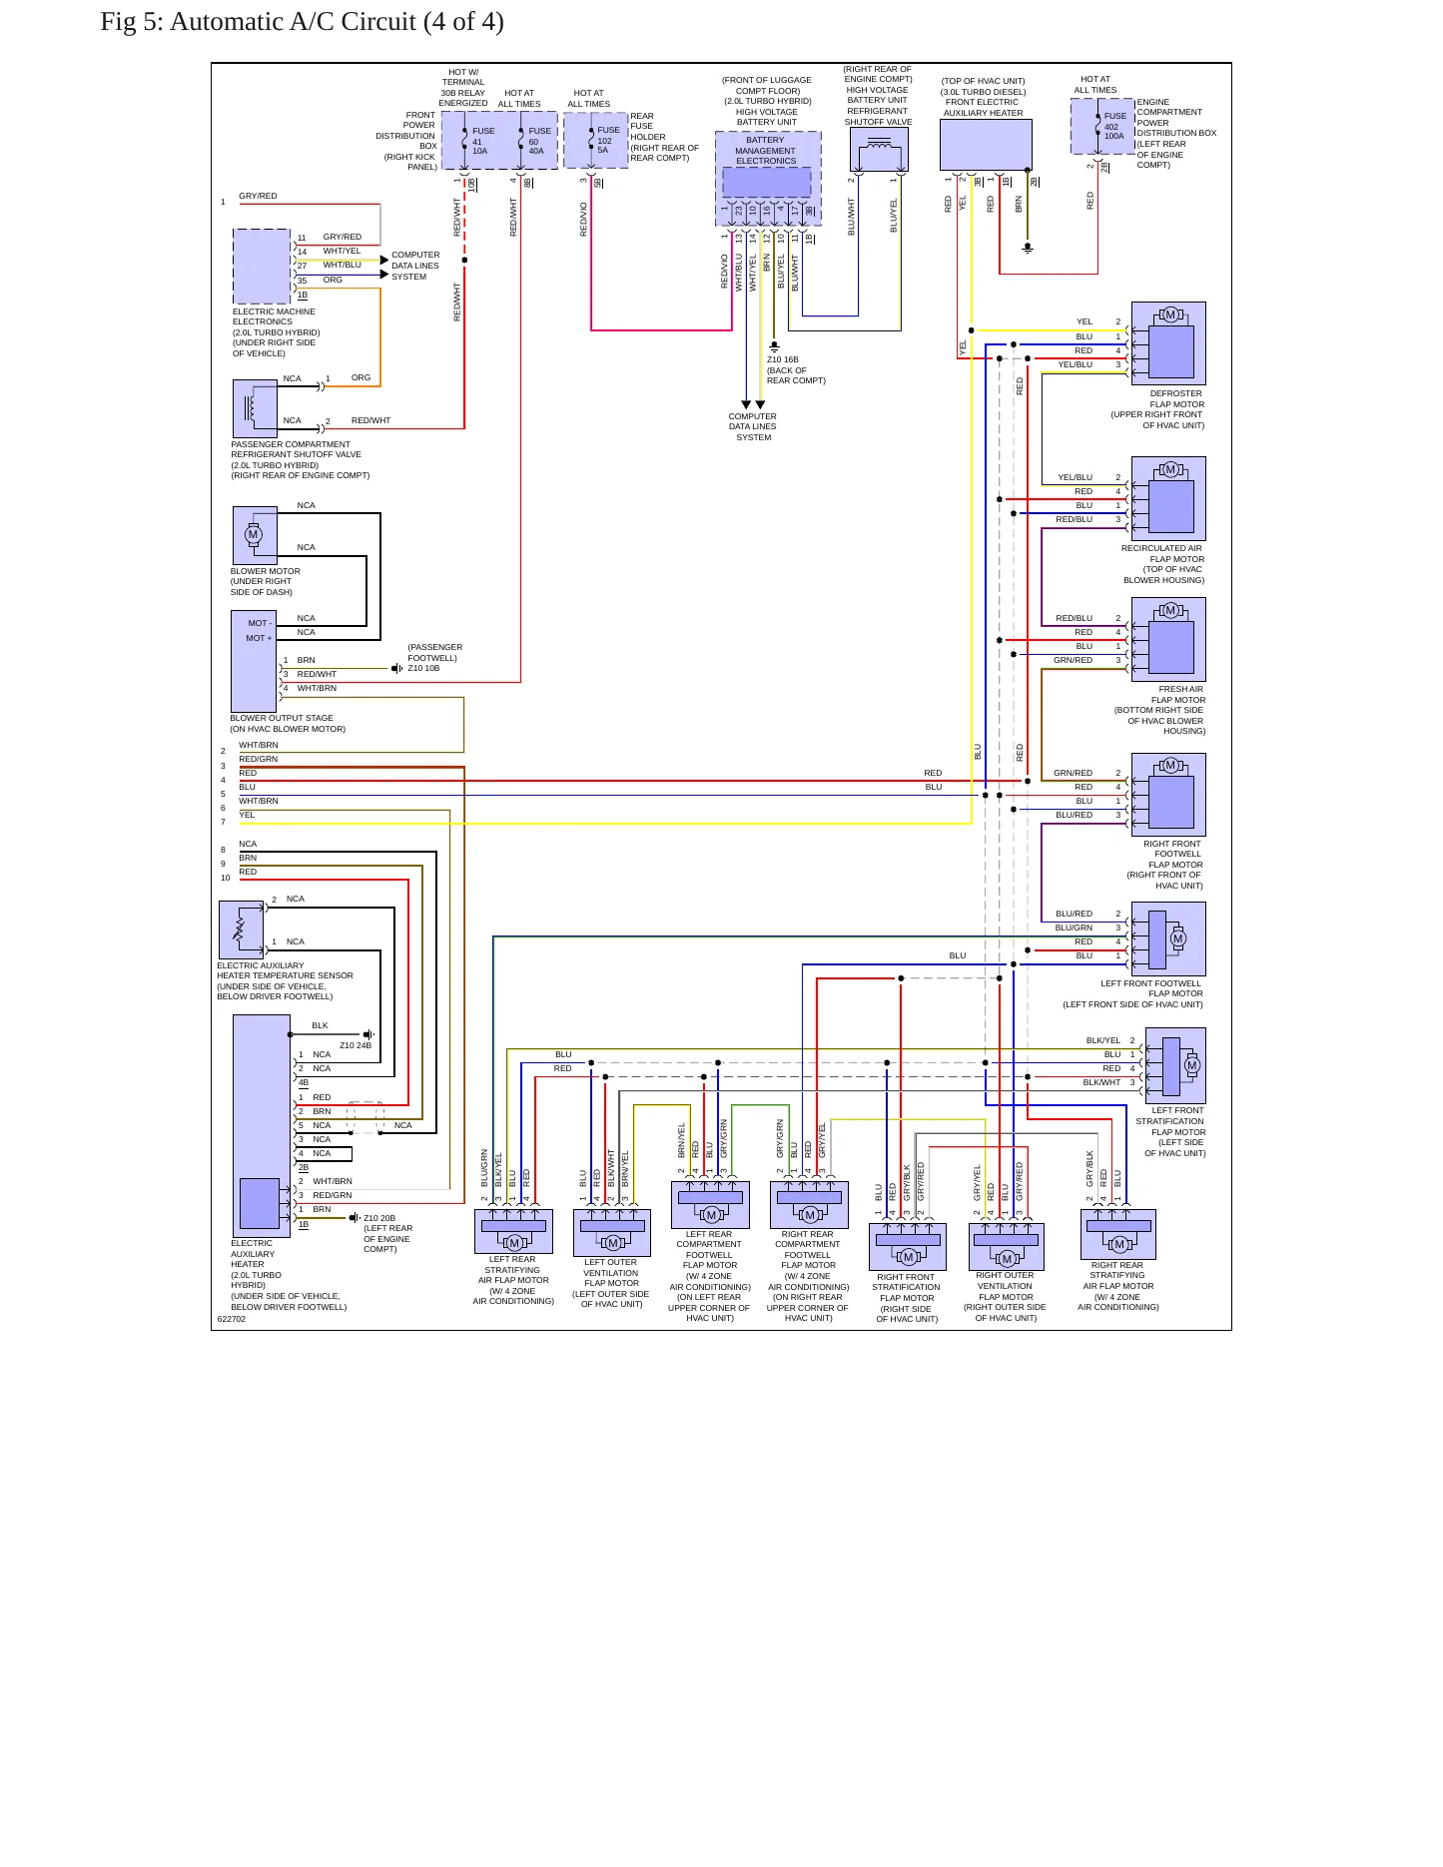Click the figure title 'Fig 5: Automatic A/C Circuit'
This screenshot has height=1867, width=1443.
[x=259, y=22]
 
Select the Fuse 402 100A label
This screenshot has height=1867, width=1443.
[x=1115, y=126]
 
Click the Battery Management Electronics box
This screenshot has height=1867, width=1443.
[x=768, y=178]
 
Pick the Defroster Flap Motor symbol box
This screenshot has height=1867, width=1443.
[x=1168, y=343]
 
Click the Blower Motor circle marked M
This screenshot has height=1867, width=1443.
[x=253, y=535]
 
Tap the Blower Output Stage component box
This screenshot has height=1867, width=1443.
[x=254, y=661]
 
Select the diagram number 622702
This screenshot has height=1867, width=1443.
[x=232, y=1319]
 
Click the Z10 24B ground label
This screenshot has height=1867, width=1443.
[x=356, y=1045]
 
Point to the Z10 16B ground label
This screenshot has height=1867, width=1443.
[x=783, y=359]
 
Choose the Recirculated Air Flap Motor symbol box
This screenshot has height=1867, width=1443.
[x=1168, y=498]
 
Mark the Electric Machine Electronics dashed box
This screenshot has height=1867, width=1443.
[x=262, y=267]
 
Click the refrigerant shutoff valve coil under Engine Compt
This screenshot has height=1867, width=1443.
[x=879, y=150]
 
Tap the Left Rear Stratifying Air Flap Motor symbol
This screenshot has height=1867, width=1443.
[x=513, y=1232]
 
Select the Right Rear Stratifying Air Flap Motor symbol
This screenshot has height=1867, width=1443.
[x=1118, y=1234]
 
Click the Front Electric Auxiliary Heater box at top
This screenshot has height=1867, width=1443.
[x=986, y=145]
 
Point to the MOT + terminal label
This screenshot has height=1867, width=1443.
[x=259, y=638]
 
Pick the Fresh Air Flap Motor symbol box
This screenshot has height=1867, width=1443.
[x=1168, y=639]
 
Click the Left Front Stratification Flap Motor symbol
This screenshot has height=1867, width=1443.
[x=1176, y=1065]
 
